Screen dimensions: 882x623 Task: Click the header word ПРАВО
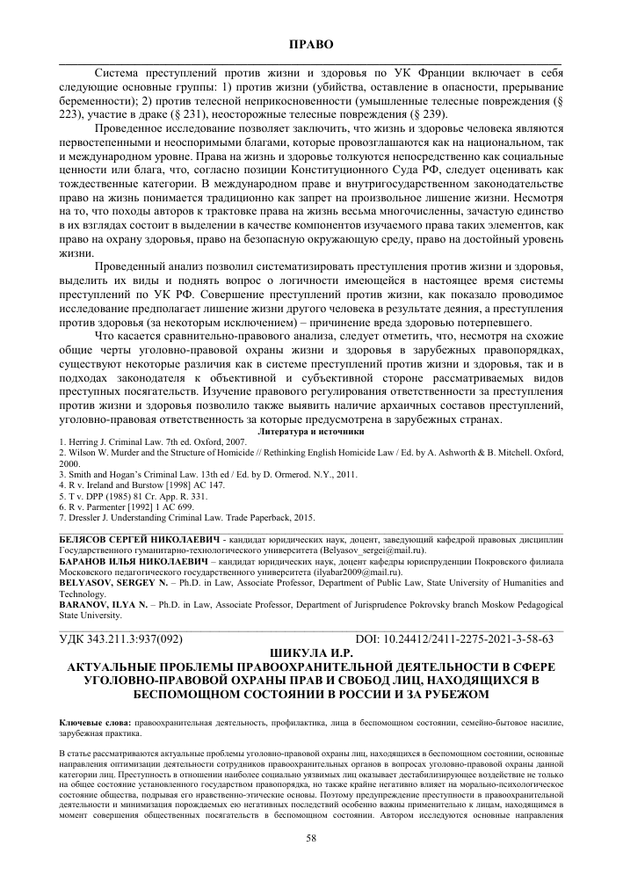pos(311,43)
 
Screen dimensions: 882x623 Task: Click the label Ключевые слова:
pos(91,722)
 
